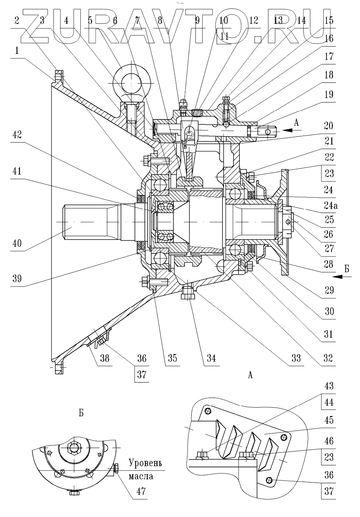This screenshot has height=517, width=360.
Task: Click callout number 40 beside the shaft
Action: coord(17,243)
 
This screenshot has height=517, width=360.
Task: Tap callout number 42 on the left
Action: coord(17,134)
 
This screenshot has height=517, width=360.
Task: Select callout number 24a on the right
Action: coord(330,206)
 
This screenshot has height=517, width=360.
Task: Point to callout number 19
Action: coord(329,94)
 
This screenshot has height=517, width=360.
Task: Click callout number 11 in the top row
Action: coord(224,36)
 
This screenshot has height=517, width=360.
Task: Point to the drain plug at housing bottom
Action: coord(188,293)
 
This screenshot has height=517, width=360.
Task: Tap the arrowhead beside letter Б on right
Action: coord(338,277)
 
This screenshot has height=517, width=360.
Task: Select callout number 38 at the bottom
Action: coord(104,358)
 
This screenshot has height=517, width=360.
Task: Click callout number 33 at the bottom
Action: coord(296,358)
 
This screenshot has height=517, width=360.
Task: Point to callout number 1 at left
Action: coord(17,51)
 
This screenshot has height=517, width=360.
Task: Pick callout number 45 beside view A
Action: coord(329,420)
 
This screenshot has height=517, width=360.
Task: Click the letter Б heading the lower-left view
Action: coord(81,413)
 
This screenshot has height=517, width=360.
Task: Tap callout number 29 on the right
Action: coord(329,290)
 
